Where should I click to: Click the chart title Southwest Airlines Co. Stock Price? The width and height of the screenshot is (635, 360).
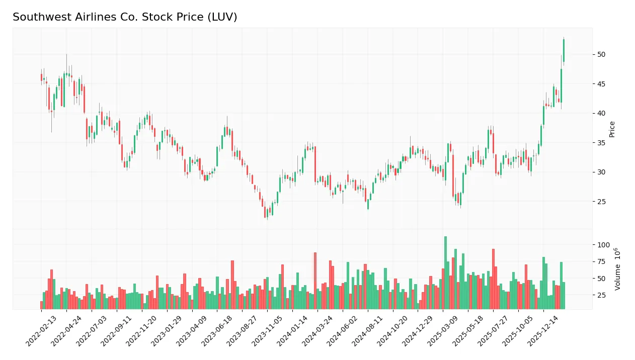[125, 17]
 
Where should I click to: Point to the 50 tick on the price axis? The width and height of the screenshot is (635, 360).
[601, 54]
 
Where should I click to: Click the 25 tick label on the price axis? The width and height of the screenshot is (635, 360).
[601, 202]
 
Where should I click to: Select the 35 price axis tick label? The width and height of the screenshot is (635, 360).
[601, 143]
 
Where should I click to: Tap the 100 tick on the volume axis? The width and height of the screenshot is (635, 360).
[603, 245]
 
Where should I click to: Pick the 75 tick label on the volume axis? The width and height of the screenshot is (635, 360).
[601, 261]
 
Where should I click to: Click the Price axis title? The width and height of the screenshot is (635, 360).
[612, 129]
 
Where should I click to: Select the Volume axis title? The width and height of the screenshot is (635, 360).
[617, 269]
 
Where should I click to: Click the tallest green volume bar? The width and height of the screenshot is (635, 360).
[445, 273]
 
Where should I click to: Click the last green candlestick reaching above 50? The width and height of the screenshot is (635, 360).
[564, 50]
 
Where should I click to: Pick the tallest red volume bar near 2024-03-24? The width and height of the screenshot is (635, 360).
[315, 281]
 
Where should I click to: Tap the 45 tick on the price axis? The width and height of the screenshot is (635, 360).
[601, 83]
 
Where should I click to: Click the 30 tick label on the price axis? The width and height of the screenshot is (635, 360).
[601, 172]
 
